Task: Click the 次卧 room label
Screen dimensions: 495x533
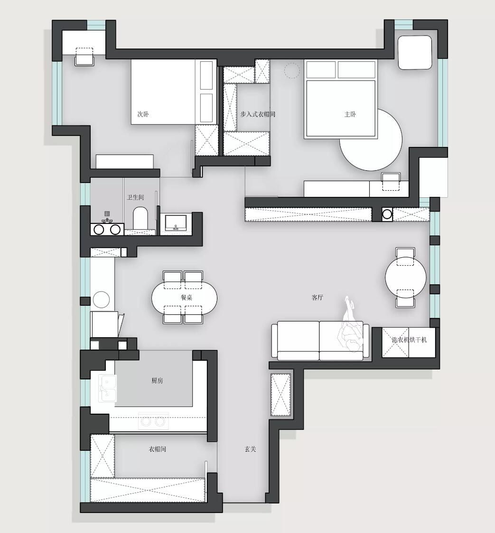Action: pos(143,114)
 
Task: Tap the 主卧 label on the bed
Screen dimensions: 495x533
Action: pos(350,114)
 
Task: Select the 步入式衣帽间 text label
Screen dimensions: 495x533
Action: pos(258,114)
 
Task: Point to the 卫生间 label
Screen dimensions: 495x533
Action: pos(135,197)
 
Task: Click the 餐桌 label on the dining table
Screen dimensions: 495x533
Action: pos(186,298)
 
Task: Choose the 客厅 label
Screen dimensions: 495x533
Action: pos(317,298)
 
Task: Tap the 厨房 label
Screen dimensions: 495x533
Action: pos(157,381)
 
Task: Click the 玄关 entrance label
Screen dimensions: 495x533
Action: pos(250,449)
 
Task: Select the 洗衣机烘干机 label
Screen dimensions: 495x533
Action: pos(409,339)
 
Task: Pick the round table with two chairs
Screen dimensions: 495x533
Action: pos(405,277)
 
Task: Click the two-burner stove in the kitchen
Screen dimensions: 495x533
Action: pos(153,421)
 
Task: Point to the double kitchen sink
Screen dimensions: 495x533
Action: pos(108,388)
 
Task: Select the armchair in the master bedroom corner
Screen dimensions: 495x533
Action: pos(415,52)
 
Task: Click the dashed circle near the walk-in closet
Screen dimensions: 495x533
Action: pos(292,71)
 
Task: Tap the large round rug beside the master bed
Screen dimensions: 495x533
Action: pos(371,139)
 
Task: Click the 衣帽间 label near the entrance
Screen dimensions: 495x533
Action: pos(157,449)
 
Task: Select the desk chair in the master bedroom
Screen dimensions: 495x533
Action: pos(391,181)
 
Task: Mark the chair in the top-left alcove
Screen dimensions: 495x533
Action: pos(84,56)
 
